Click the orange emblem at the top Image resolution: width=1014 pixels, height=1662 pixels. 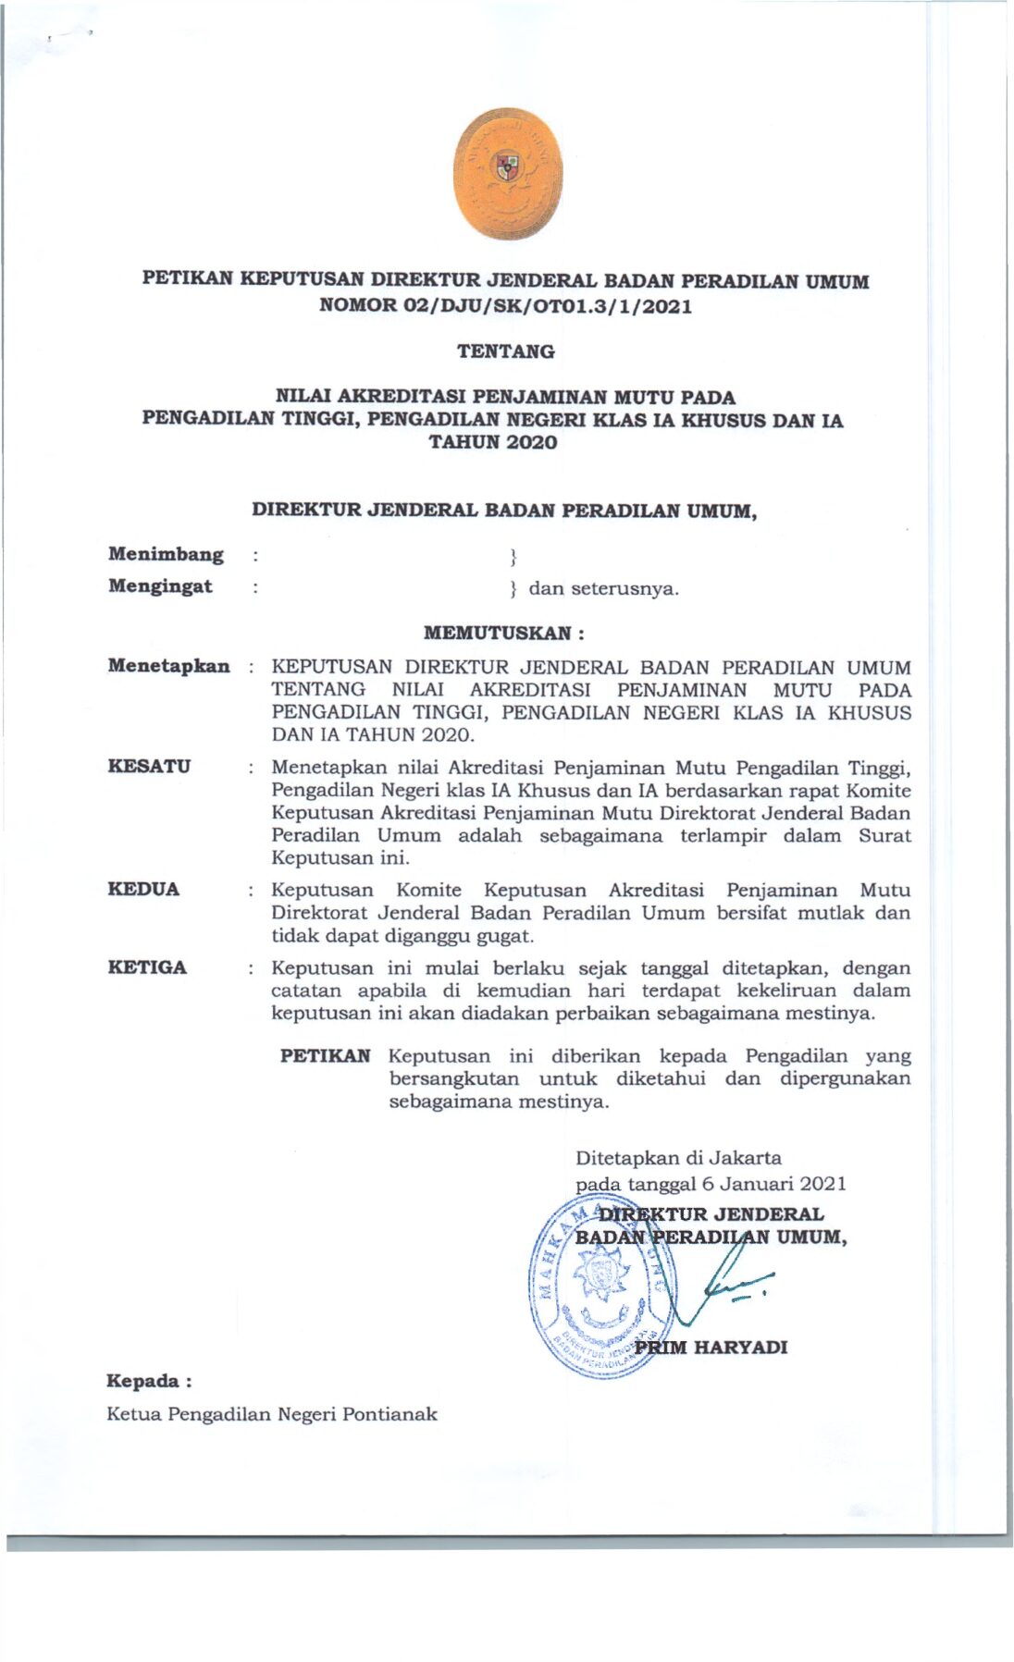[507, 174]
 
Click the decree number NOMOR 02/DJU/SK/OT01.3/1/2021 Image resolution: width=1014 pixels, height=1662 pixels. [505, 305]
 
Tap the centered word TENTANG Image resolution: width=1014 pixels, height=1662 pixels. [505, 351]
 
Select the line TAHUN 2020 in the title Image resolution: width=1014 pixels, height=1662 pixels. [493, 442]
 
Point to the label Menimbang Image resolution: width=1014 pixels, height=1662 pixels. [166, 554]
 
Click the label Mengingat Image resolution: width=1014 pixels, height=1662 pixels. [160, 586]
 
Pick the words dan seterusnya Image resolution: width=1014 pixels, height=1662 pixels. [603, 588]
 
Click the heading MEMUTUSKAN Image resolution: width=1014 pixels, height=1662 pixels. [502, 634]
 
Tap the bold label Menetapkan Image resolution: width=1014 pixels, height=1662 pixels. [168, 666]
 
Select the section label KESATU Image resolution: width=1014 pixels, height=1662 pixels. [149, 766]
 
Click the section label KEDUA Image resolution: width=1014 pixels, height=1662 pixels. [143, 889]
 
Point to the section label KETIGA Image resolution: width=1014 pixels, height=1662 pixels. [147, 967]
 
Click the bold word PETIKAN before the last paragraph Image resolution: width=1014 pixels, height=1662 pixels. [326, 1056]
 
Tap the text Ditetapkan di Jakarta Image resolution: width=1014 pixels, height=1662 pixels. [678, 1158]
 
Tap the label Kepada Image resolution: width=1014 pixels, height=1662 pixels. [148, 1381]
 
